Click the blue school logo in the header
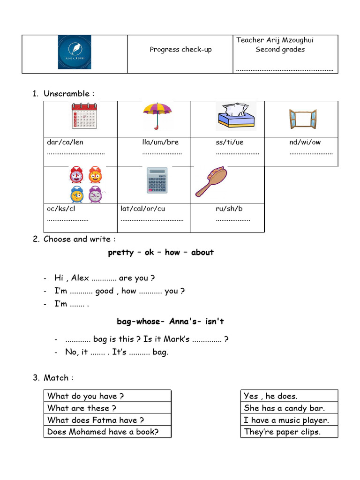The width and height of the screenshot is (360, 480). coord(75,52)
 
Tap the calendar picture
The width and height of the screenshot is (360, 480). coord(84,115)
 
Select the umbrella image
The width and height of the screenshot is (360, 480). coord(157,116)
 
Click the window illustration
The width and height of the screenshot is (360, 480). coord(302,119)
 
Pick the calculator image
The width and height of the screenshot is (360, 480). coord(157,180)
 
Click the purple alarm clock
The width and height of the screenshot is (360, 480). coord(95,194)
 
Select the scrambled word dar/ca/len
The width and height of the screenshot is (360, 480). coord(65,142)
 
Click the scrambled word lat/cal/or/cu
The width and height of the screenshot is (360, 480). coord(143,209)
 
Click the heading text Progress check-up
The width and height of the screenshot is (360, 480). coord(180,49)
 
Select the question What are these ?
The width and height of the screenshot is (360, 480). coord(82,408)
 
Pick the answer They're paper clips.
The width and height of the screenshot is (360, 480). coord(282,432)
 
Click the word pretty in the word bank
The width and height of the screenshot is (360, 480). coord(121,252)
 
